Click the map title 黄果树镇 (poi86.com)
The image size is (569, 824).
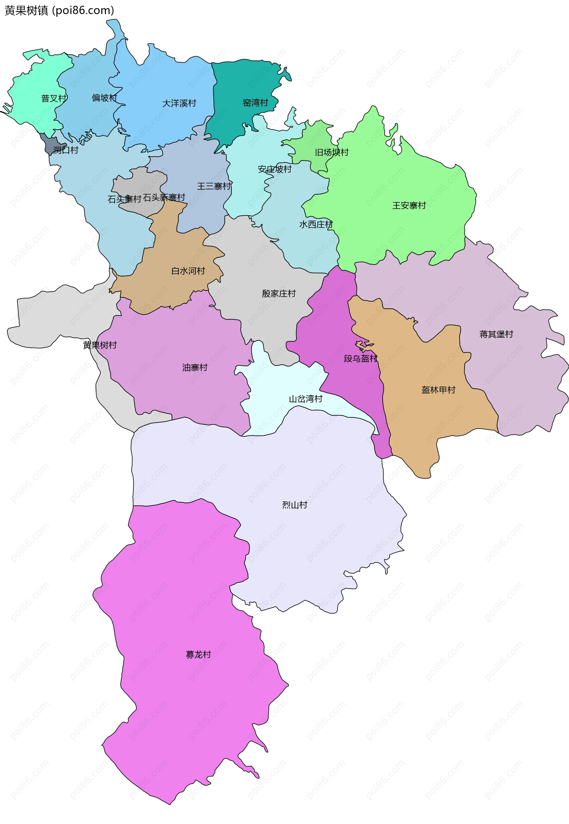point(59,10)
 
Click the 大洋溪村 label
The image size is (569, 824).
point(179,103)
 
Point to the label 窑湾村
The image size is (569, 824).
point(255,103)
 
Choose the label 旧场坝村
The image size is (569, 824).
point(332,152)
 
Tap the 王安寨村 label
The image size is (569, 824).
point(409,205)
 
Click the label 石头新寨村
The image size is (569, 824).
point(164,197)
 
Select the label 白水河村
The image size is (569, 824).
point(188,271)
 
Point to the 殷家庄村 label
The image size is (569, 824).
point(279,293)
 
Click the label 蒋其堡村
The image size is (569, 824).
point(496,334)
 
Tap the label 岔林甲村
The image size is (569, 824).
point(438,390)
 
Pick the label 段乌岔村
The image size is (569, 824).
point(360,358)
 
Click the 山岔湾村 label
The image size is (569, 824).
point(306,399)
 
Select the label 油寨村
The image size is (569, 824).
point(195,367)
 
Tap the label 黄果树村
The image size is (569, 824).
point(100,345)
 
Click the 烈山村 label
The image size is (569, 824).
point(295,505)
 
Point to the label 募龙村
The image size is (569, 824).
point(198,655)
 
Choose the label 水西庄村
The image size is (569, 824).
point(316,224)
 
